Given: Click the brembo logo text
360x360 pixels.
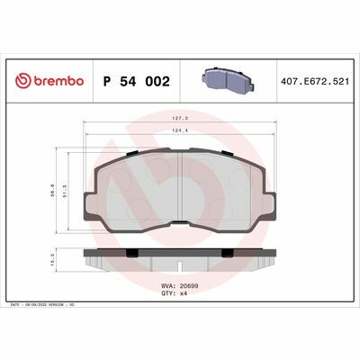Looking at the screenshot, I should coord(58,81).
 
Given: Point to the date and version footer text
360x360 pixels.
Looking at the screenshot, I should coord(44,307).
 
